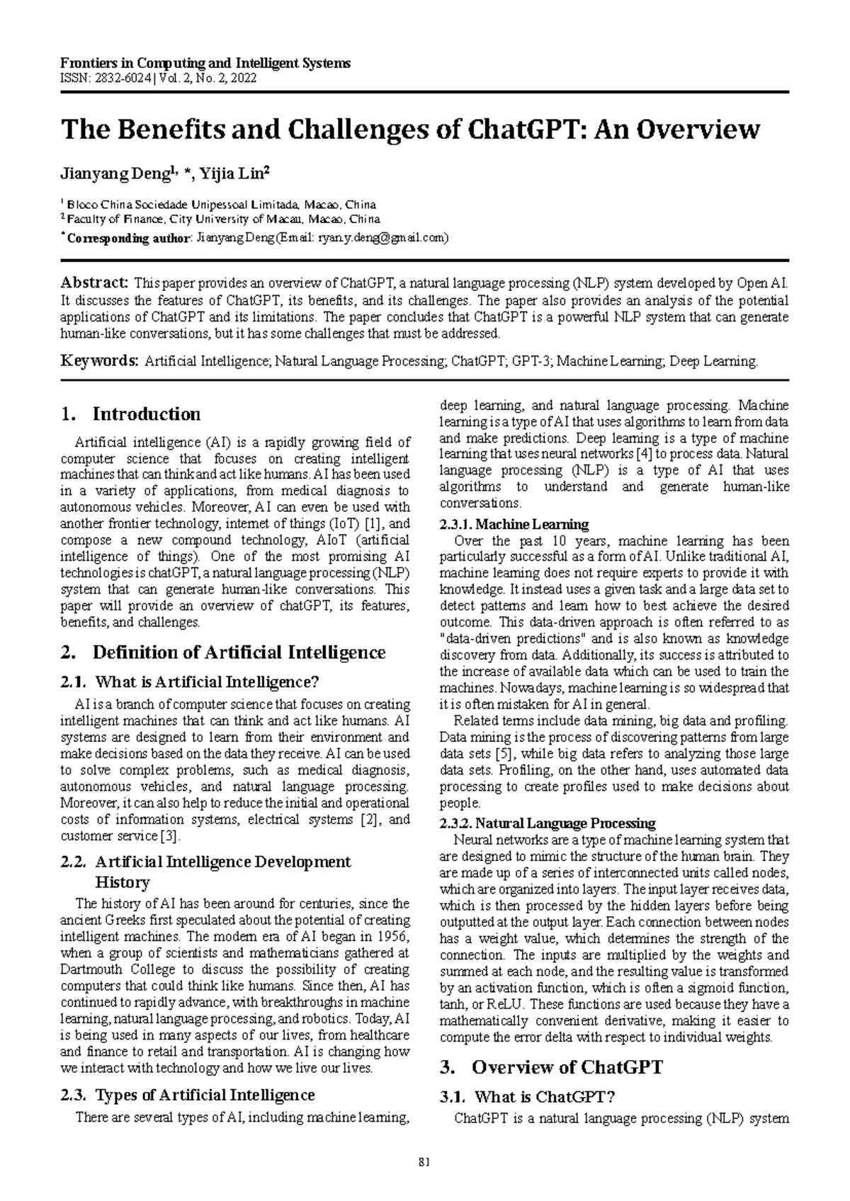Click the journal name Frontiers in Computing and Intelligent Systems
point(205,64)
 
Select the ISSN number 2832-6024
point(120,78)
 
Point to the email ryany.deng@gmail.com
point(380,238)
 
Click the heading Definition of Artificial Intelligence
point(239,652)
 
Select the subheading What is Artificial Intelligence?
point(207,683)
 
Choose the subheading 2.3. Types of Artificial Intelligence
point(188,1095)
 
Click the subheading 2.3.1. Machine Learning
point(514,525)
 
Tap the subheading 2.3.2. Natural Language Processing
point(547,824)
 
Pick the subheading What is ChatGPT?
point(544,1098)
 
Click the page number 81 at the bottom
point(425,1162)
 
